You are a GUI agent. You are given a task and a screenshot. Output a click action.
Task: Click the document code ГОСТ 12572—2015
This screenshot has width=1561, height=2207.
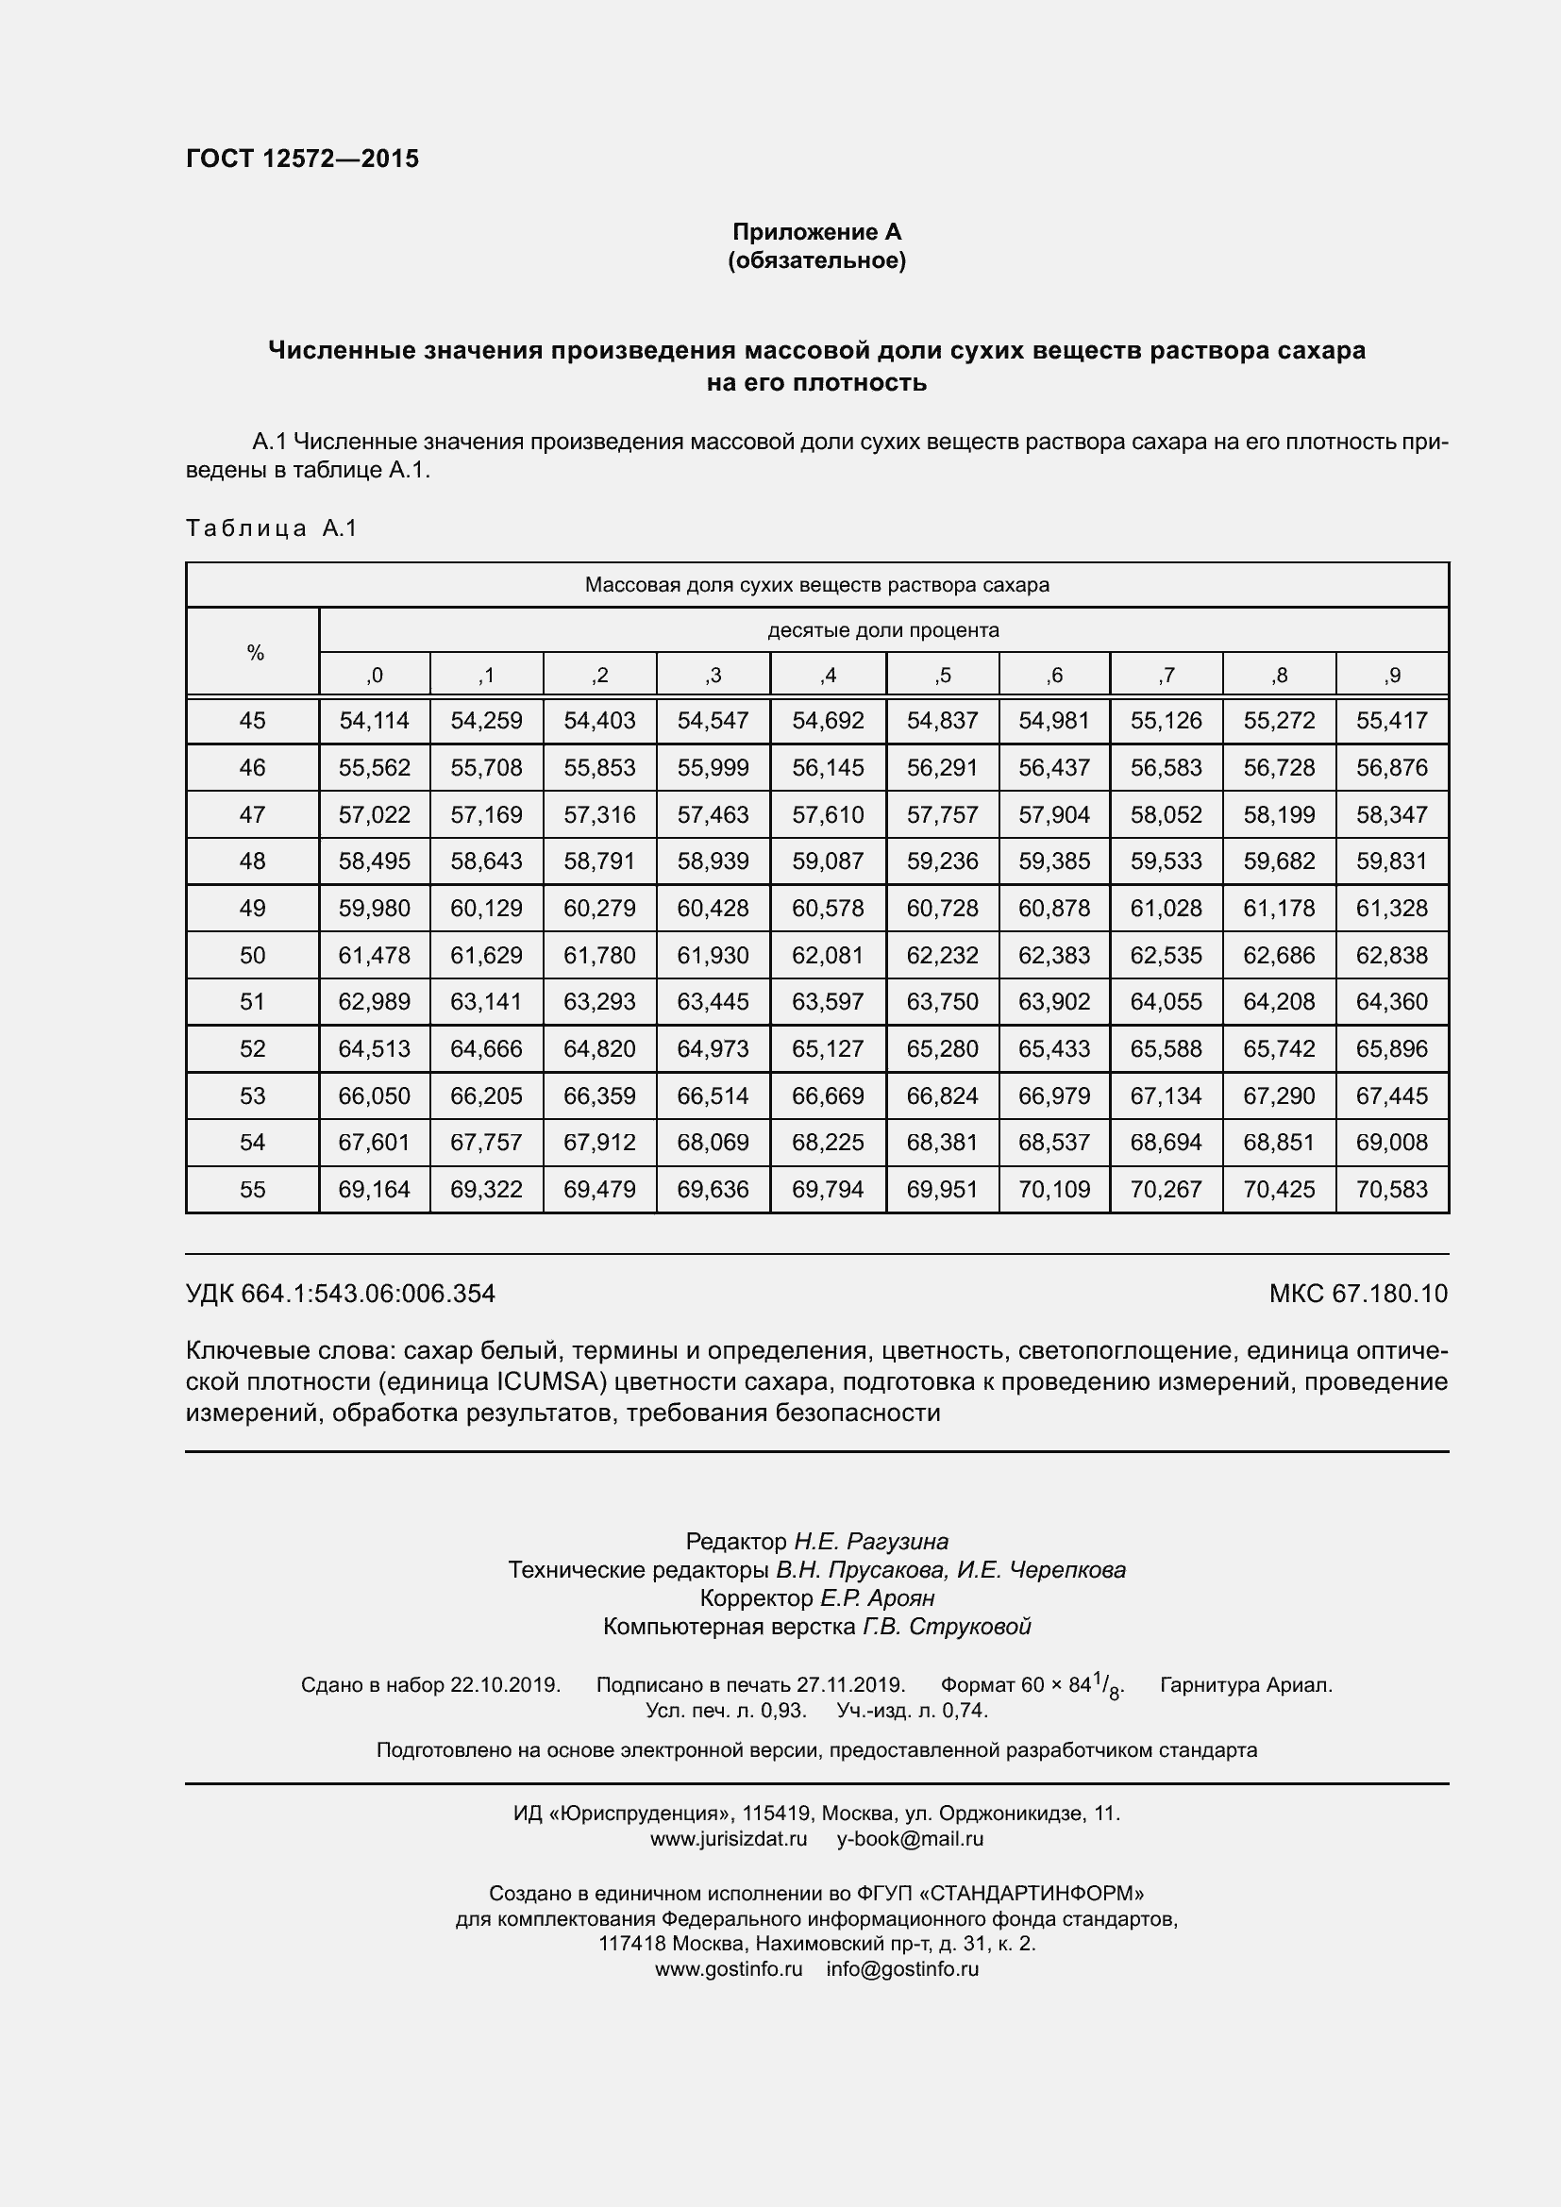(x=302, y=159)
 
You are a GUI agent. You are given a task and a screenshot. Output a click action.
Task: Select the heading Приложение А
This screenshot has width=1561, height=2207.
(x=816, y=232)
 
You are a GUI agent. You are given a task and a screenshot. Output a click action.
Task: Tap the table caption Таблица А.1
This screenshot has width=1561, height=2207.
(x=271, y=527)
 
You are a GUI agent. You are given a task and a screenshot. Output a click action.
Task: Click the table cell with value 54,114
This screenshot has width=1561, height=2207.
(x=374, y=720)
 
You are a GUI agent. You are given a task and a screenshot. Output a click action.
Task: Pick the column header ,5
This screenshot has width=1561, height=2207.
(x=942, y=675)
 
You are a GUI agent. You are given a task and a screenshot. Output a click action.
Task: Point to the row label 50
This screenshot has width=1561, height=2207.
(x=252, y=955)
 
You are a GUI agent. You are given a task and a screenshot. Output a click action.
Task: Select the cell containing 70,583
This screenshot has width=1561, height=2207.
(x=1391, y=1189)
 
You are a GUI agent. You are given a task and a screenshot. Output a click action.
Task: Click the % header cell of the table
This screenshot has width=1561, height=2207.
(x=255, y=653)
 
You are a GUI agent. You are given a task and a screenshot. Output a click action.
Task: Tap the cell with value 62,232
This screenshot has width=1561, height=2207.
(x=942, y=955)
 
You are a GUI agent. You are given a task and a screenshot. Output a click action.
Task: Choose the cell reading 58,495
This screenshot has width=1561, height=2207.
(x=374, y=861)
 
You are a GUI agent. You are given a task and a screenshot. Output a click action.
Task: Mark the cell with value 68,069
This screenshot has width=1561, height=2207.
(x=713, y=1142)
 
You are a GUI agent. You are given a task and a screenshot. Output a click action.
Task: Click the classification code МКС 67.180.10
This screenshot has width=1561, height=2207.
(x=1357, y=1293)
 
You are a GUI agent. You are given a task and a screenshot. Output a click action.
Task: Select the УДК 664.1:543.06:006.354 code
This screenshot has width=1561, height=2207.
(x=341, y=1293)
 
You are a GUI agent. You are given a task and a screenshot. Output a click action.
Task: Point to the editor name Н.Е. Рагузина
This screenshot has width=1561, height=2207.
(x=870, y=1542)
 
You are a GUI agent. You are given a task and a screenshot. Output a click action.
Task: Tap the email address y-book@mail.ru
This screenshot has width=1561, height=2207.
(x=909, y=1839)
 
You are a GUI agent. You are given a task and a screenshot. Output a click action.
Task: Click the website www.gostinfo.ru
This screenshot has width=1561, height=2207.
(x=728, y=1968)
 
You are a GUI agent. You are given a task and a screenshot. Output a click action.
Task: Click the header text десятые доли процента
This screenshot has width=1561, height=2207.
(x=882, y=629)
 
